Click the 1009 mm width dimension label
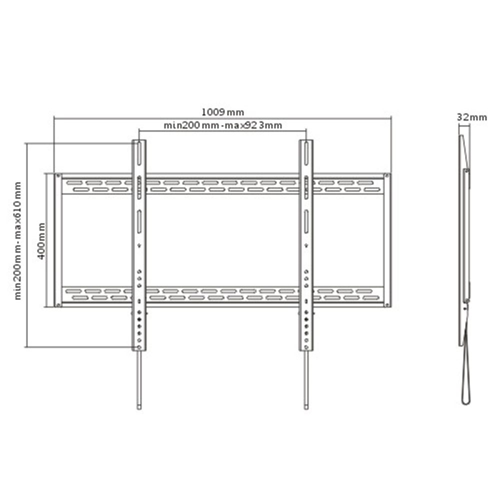pyautogui.click(x=222, y=112)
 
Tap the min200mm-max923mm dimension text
pyautogui.click(x=222, y=126)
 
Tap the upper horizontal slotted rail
pyautogui.click(x=222, y=186)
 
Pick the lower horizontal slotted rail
pyautogui.click(x=222, y=294)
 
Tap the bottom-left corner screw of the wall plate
pyautogui.click(x=59, y=305)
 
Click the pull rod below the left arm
pyautogui.click(x=139, y=381)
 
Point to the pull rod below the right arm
pyautogui.click(x=306, y=381)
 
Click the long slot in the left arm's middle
pyautogui.click(x=139, y=221)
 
